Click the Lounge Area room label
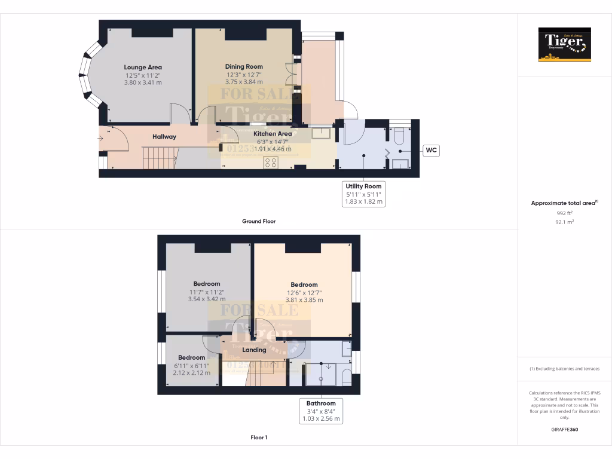143,68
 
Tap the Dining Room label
244,66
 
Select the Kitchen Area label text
273,134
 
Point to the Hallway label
164,137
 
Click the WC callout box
432,151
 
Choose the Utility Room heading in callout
363,186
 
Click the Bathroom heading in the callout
321,403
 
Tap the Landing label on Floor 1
253,350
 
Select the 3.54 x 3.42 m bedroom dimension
207,299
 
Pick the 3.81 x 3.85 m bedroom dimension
304,300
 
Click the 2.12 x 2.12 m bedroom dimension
191,373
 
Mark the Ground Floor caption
259,221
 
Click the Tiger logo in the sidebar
564,45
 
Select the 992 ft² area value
564,213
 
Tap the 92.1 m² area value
564,221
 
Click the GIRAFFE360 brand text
564,430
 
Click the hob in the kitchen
271,163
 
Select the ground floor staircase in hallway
159,158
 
